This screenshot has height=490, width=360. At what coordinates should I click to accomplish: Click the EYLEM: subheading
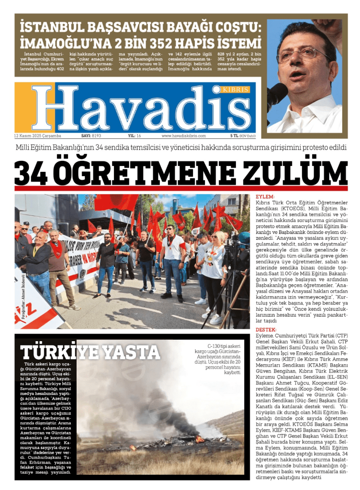click(265, 197)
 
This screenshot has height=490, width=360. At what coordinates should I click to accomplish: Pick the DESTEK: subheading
click(266, 330)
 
